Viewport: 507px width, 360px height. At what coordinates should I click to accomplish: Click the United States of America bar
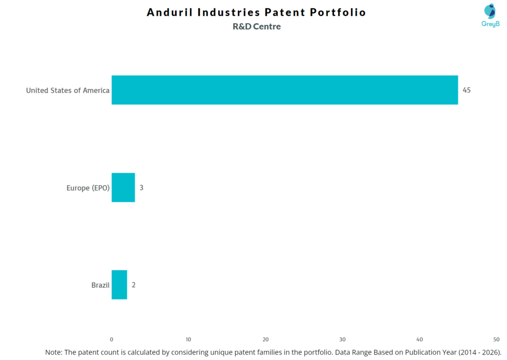tap(285, 90)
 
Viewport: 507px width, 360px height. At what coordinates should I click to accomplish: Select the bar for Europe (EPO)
tap(123, 188)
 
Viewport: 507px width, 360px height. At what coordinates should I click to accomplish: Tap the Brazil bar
tap(119, 285)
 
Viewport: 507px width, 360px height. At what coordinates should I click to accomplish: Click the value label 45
tap(466, 90)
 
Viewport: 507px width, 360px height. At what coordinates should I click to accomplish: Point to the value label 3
tap(142, 188)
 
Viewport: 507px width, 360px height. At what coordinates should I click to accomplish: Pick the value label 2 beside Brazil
tap(134, 285)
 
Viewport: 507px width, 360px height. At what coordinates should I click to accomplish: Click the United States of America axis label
tap(68, 90)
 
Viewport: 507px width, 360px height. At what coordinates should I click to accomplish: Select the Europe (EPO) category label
tap(88, 188)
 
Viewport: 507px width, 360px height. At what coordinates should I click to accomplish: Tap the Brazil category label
tap(101, 285)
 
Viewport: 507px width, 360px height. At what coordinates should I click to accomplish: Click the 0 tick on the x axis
tap(111, 339)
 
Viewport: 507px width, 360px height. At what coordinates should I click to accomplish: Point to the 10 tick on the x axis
tap(189, 339)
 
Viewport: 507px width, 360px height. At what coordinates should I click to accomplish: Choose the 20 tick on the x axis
tap(265, 339)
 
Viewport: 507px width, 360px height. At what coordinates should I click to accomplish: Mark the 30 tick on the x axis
tap(343, 339)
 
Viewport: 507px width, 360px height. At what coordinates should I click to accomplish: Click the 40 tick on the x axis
tap(419, 339)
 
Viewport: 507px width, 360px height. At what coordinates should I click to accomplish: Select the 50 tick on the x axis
tap(497, 339)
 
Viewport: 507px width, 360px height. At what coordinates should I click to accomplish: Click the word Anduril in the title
tap(169, 12)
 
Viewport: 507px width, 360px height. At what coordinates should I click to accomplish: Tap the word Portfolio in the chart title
tap(338, 12)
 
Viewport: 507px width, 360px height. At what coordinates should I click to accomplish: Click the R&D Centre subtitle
tap(256, 27)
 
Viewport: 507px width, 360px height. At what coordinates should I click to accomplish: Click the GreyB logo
tap(491, 15)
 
